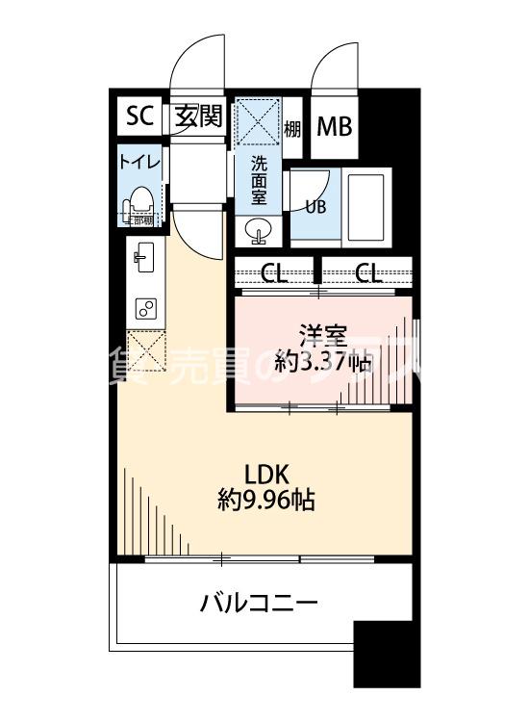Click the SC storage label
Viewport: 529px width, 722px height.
tap(140, 116)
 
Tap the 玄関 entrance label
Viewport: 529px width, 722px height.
tap(199, 116)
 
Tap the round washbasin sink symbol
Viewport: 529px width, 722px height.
tap(260, 229)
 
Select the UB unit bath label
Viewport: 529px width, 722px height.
tap(315, 205)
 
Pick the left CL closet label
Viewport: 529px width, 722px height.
tap(274, 273)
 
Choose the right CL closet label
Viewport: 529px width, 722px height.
tap(366, 273)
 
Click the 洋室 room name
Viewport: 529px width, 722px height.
tap(322, 336)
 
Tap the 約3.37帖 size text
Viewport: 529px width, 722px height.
tap(322, 363)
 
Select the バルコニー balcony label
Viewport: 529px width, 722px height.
tap(259, 605)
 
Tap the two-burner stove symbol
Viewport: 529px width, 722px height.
tap(146, 308)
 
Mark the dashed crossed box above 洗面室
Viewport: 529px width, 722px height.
tap(258, 120)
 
